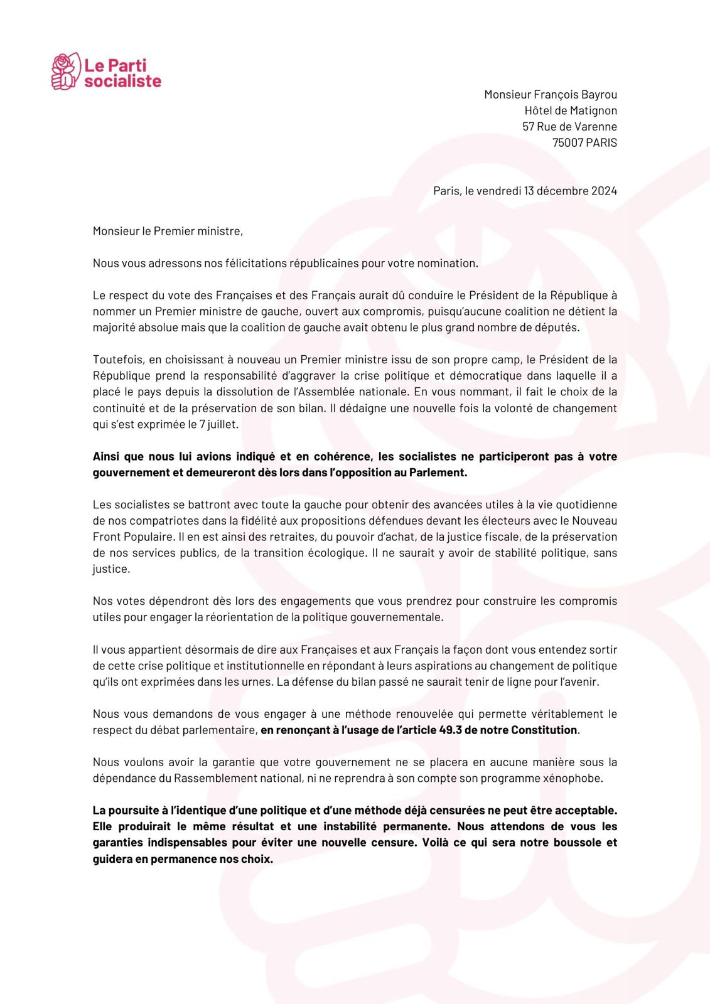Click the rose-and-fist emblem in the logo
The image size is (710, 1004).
coord(65,71)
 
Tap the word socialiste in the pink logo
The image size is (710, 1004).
coord(123,81)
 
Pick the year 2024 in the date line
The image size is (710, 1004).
coord(603,191)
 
